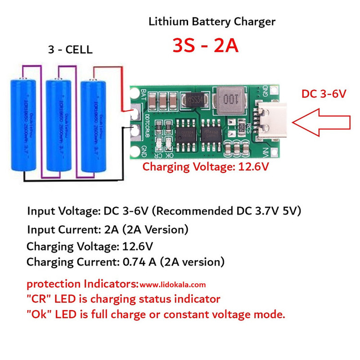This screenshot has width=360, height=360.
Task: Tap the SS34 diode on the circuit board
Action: [x=194, y=100]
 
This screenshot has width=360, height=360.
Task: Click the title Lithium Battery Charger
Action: [x=212, y=22]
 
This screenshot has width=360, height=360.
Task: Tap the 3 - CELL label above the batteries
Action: [x=71, y=50]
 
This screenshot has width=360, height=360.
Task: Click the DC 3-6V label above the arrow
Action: [x=324, y=94]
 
